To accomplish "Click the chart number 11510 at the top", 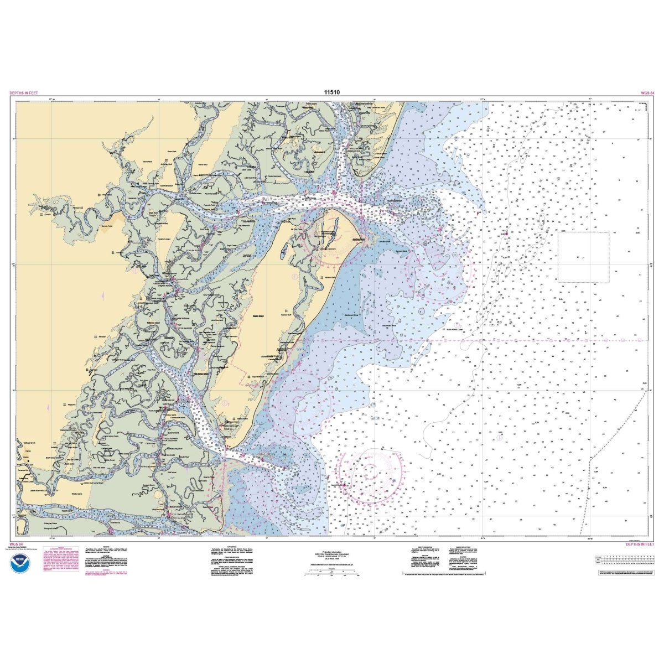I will [332, 92].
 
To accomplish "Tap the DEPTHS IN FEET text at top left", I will [24, 93].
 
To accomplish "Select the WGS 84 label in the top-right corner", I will [647, 93].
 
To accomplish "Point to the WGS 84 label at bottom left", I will [16, 544].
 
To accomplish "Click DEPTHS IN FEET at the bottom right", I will [640, 544].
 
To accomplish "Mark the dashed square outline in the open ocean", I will [583, 257].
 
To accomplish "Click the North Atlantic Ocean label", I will [454, 319].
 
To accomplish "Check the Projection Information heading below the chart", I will [332, 551].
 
